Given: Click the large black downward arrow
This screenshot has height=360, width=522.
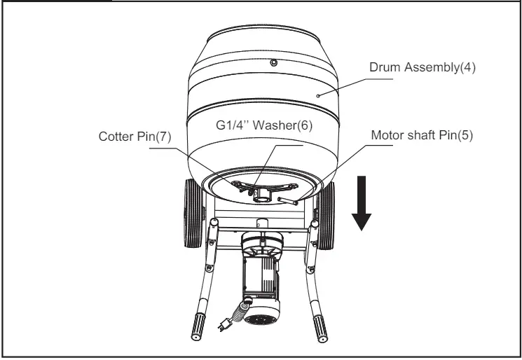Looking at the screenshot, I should (x=362, y=204).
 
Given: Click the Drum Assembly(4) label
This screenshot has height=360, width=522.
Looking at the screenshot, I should (x=423, y=67).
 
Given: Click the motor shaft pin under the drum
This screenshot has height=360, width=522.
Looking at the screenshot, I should (x=287, y=201).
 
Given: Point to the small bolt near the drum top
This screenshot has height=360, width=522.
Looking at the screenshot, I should (x=274, y=63).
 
